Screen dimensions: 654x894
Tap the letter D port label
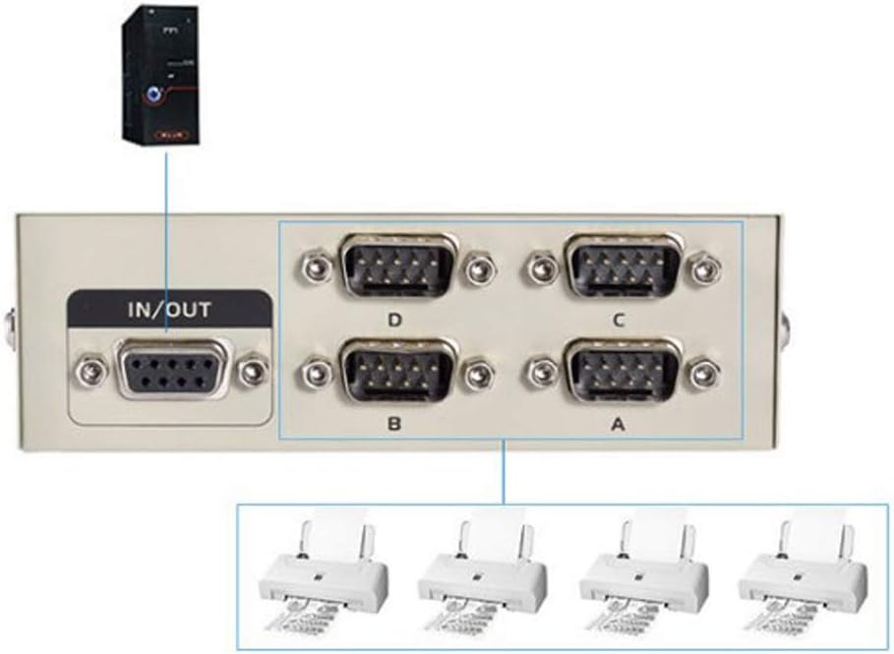click(394, 320)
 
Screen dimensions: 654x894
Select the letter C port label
click(617, 320)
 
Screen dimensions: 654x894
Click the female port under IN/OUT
click(172, 371)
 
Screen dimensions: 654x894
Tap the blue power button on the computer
click(155, 96)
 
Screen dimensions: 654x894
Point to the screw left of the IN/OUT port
click(91, 372)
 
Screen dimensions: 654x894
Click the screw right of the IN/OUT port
click(255, 372)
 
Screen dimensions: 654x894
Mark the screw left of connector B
click(316, 372)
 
